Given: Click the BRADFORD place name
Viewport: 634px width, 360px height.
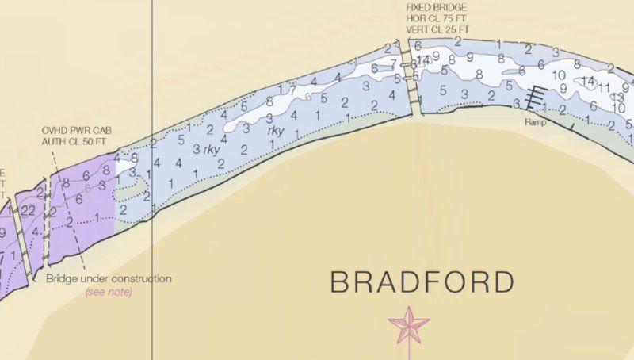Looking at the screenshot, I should pos(421,281).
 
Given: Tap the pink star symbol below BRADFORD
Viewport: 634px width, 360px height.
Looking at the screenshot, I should pos(408,324).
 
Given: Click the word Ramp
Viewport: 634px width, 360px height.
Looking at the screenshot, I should pos(535,123).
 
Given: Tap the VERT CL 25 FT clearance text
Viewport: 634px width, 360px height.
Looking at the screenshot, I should pos(437,29).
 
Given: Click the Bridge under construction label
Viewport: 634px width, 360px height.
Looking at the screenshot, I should pos(109,279).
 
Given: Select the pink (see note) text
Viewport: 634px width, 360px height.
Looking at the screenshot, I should pos(109,292).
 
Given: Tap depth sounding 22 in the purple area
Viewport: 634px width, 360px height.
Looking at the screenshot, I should pos(28,210).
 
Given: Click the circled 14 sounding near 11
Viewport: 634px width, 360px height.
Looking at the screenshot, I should pos(587,81).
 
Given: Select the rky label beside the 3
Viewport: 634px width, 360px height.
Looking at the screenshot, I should pos(211,148).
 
